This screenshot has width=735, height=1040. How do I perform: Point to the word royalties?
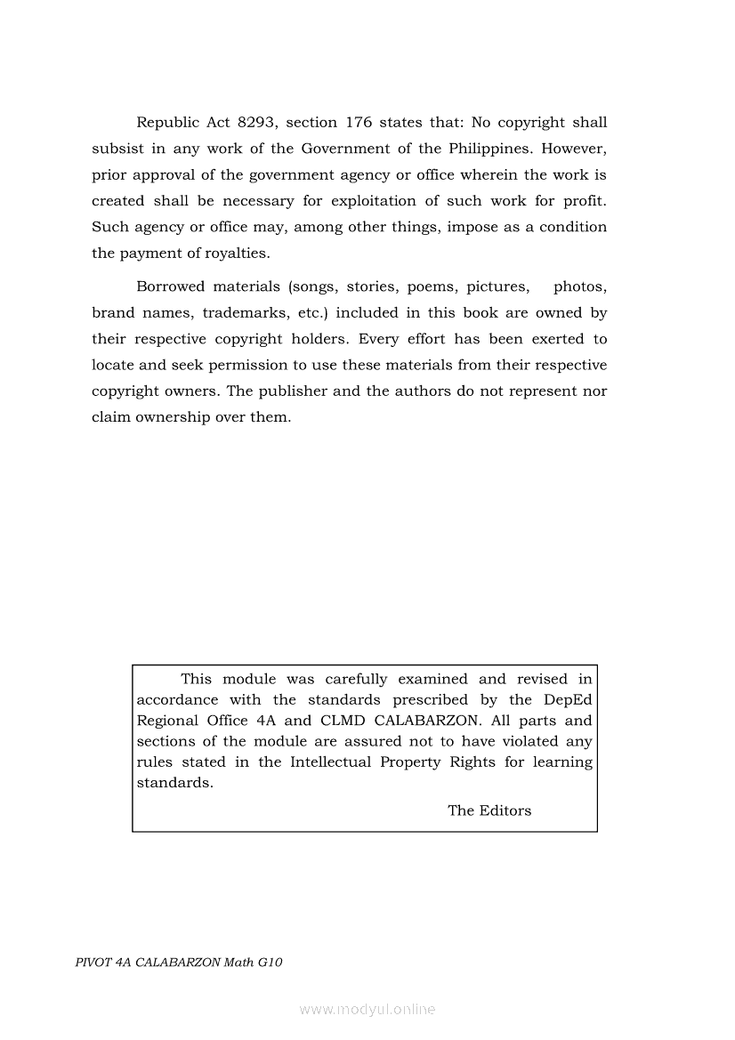(238, 254)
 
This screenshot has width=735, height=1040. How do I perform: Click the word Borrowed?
(170, 286)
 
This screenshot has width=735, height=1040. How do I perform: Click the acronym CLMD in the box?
(343, 721)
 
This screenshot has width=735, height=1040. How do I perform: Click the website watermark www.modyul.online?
(367, 1009)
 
